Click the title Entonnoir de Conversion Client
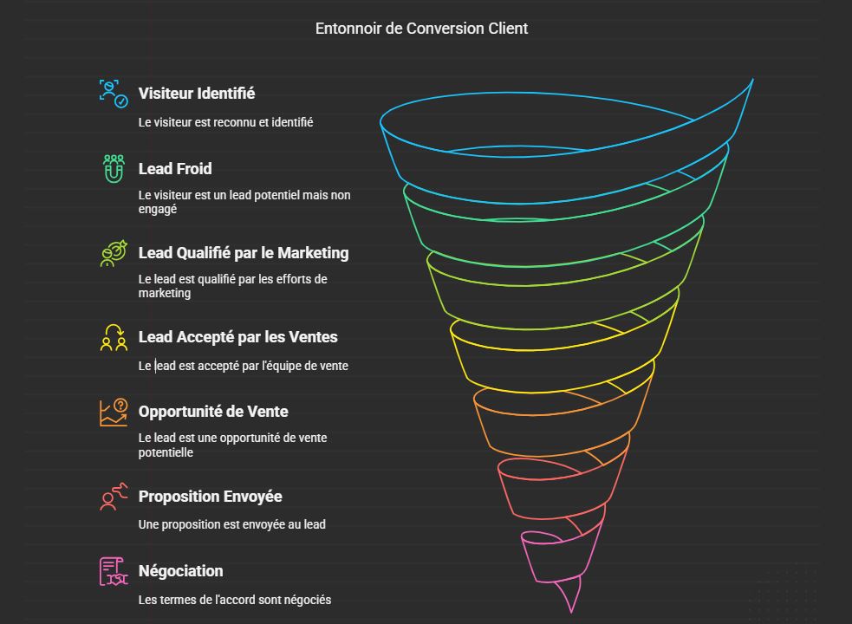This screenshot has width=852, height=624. (x=421, y=28)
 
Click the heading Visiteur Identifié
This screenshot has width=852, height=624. (x=197, y=94)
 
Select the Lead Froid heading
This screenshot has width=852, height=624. (x=175, y=168)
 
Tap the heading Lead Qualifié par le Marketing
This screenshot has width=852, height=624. (x=244, y=253)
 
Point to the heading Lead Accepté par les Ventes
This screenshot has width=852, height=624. (x=238, y=337)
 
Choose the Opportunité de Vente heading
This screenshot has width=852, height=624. (x=213, y=412)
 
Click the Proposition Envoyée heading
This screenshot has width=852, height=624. (x=210, y=497)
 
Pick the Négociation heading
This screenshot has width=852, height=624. (x=180, y=571)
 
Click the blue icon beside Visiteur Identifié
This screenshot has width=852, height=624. (x=114, y=93)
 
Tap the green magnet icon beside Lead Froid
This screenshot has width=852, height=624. (x=114, y=168)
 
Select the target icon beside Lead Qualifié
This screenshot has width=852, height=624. (x=114, y=253)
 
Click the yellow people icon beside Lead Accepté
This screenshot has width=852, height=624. (x=114, y=337)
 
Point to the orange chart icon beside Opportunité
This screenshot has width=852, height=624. (x=114, y=413)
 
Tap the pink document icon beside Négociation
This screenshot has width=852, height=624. (x=114, y=571)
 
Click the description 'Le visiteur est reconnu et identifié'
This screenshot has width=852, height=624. (x=225, y=122)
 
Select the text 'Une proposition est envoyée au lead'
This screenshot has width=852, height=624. (x=231, y=524)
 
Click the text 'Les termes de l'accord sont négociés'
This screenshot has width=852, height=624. (x=234, y=600)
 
